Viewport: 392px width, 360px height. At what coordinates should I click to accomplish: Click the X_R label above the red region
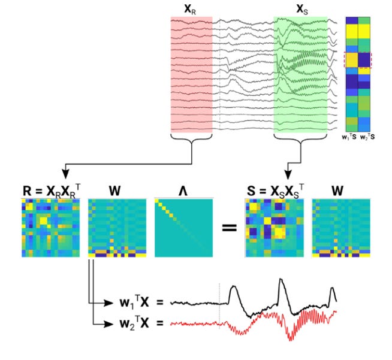[x=191, y=9]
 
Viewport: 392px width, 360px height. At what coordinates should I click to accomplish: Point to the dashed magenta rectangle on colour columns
[x=358, y=60]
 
